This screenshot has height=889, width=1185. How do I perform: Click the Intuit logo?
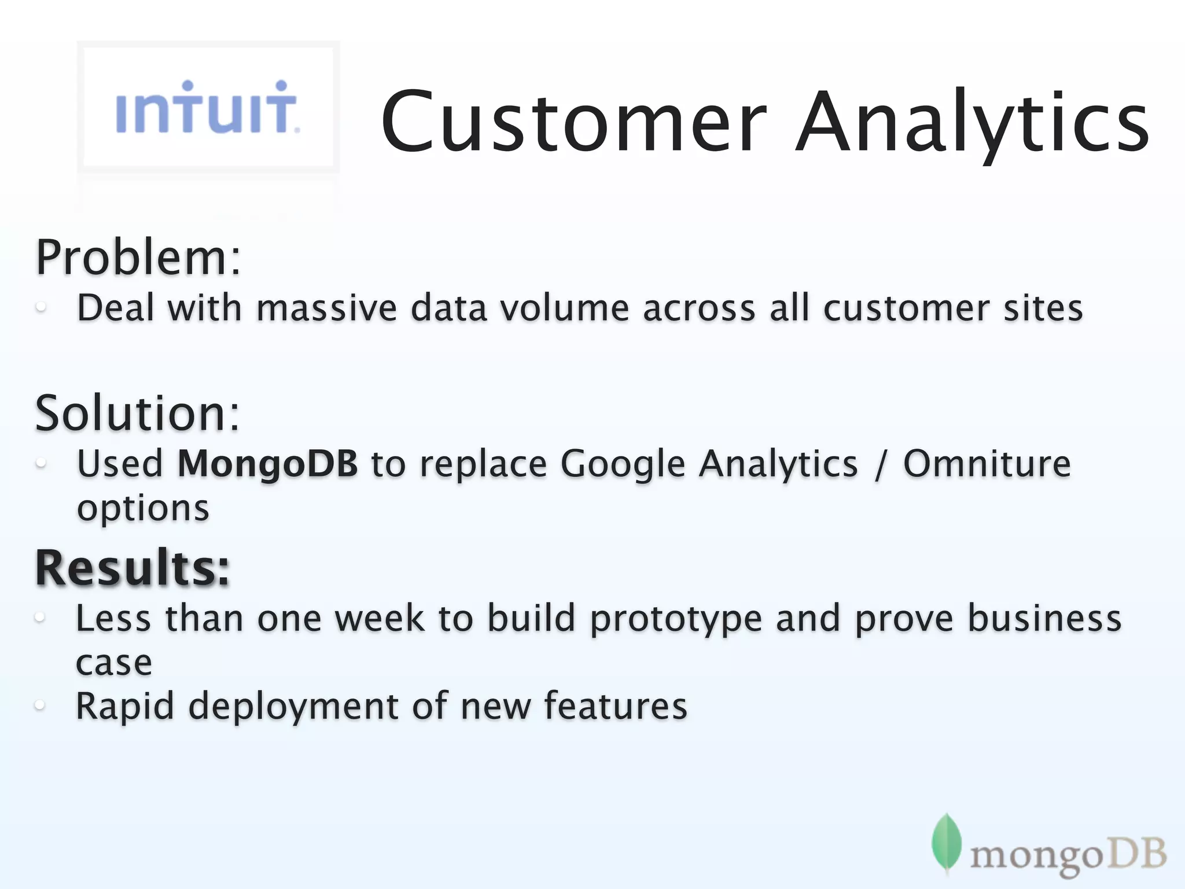(x=207, y=108)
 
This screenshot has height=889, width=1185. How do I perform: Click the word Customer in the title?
(x=573, y=122)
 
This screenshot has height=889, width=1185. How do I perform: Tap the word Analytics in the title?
(x=972, y=122)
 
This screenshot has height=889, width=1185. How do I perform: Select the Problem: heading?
(x=138, y=258)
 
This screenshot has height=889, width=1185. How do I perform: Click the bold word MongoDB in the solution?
(x=267, y=464)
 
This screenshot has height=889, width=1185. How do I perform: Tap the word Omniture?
(x=987, y=464)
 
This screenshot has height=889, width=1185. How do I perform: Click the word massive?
(x=326, y=308)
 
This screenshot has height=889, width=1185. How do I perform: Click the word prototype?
(x=676, y=619)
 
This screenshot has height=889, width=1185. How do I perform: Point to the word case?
(x=114, y=663)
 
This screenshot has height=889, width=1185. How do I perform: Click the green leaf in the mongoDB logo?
(x=946, y=843)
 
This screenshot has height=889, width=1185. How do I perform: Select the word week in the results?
(x=380, y=618)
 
